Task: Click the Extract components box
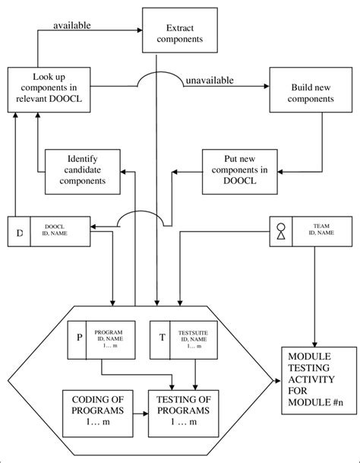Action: (x=176, y=29)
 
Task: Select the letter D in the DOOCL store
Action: (x=20, y=231)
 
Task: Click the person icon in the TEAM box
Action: (x=282, y=231)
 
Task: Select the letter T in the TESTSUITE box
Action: (x=162, y=337)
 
